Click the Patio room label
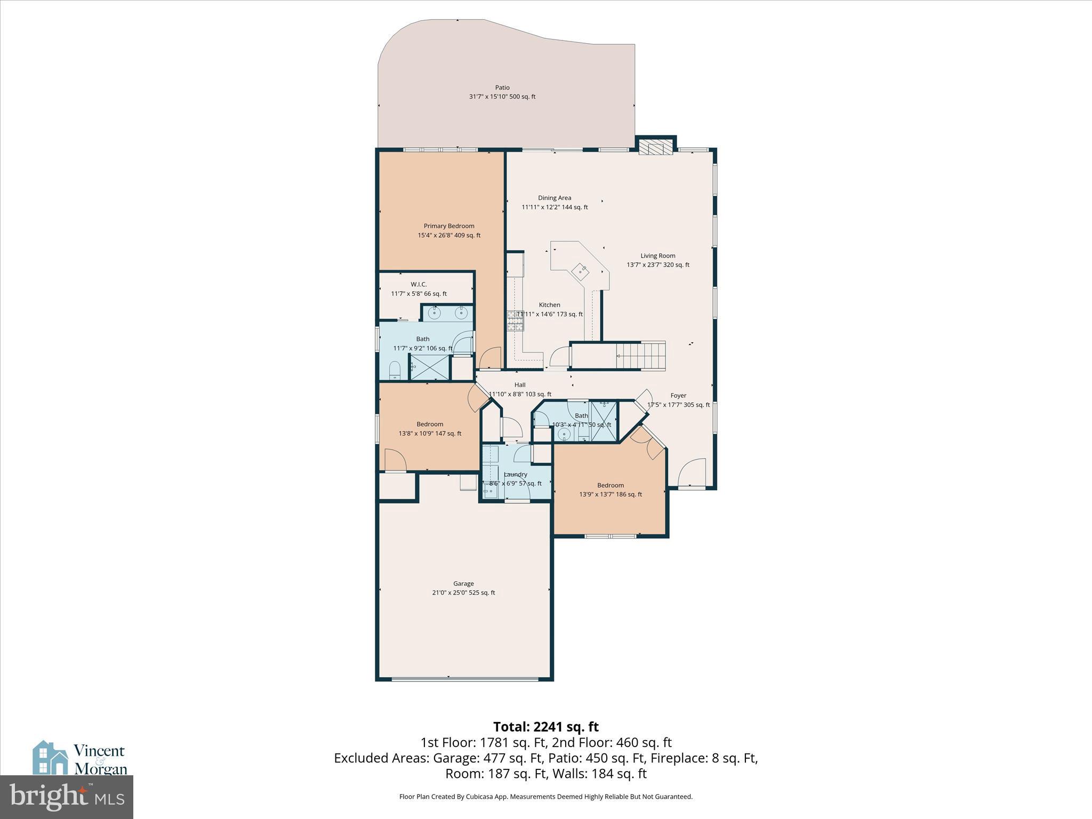pos(502,87)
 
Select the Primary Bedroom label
pos(448,226)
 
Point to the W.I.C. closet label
pos(419,285)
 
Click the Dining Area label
pos(554,198)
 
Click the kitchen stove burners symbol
pos(515,321)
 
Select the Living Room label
pos(657,256)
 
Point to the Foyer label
pos(678,396)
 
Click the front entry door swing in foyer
pos(692,472)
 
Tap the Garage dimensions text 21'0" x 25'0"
pos(463,592)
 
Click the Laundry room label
pos(515,475)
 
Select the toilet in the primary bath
pos(395,370)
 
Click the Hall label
pos(519,385)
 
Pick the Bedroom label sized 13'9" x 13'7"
pos(610,485)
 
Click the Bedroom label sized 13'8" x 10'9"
pos(430,424)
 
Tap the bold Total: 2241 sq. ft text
pos(545,727)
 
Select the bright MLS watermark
pos(67,797)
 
